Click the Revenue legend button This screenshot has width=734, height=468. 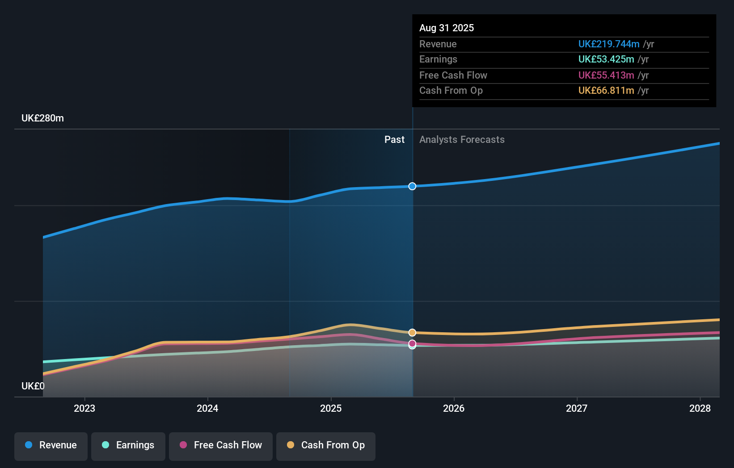[x=51, y=445]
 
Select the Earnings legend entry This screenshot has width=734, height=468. [x=128, y=445]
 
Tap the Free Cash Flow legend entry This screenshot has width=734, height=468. [x=221, y=445]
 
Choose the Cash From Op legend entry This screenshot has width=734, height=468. [x=326, y=445]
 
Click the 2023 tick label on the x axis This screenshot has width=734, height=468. [x=84, y=408]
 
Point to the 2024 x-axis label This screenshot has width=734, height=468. [x=207, y=408]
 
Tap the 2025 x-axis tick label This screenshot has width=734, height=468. [x=331, y=408]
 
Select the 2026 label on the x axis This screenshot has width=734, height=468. [x=454, y=408]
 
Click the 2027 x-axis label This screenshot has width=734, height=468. [x=577, y=408]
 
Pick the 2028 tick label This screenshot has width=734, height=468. [x=700, y=408]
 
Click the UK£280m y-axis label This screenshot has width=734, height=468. [x=43, y=118]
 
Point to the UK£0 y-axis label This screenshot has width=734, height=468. [x=33, y=386]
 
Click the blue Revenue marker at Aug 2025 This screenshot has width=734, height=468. [x=412, y=186]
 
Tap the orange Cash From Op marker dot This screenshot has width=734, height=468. [x=412, y=333]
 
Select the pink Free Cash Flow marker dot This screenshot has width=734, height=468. [x=412, y=343]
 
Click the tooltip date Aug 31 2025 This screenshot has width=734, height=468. [x=447, y=28]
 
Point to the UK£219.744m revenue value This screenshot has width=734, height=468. [x=609, y=44]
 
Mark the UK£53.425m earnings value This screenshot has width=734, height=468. [x=606, y=59]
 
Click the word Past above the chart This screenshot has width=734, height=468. [x=394, y=140]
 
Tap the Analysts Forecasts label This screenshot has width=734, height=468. [x=462, y=140]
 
